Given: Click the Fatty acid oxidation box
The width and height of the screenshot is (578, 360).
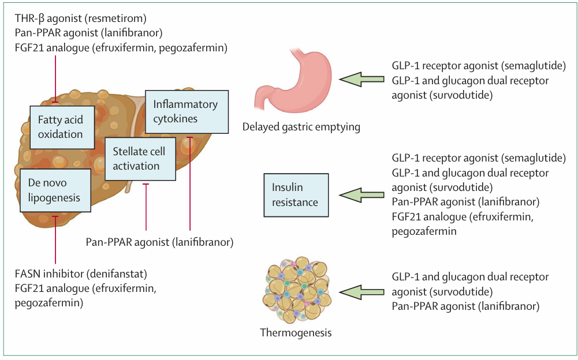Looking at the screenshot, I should [61, 127].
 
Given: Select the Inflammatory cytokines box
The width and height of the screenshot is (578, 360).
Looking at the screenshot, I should [186, 112].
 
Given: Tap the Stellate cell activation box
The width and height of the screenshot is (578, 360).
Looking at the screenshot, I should [140, 159].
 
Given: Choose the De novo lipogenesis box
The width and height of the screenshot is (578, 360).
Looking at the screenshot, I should [55, 190].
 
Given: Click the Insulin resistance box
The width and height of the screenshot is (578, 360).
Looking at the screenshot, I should [296, 195].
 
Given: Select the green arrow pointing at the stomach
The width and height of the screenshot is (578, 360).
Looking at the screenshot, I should [361, 80].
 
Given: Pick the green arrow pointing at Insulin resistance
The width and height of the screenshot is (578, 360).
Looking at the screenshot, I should [361, 195].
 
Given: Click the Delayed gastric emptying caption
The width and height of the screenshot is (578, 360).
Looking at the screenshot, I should [301, 127].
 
